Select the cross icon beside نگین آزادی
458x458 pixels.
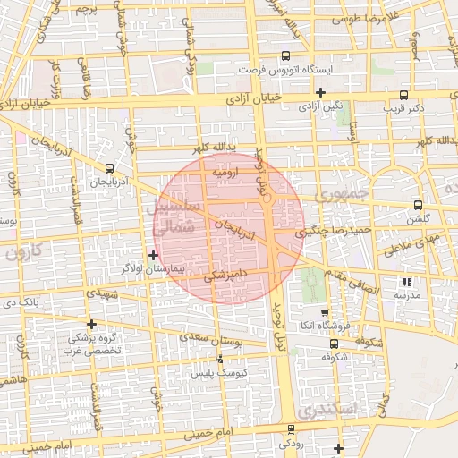coord(320,92)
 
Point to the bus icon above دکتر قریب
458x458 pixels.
coord(403,95)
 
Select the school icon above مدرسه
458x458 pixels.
coord(408,282)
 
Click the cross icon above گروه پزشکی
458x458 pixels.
coord(90,324)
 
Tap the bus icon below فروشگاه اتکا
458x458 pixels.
coord(334,343)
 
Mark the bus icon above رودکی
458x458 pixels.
coord(292,429)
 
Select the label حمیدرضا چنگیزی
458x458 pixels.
coord(310,232)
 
